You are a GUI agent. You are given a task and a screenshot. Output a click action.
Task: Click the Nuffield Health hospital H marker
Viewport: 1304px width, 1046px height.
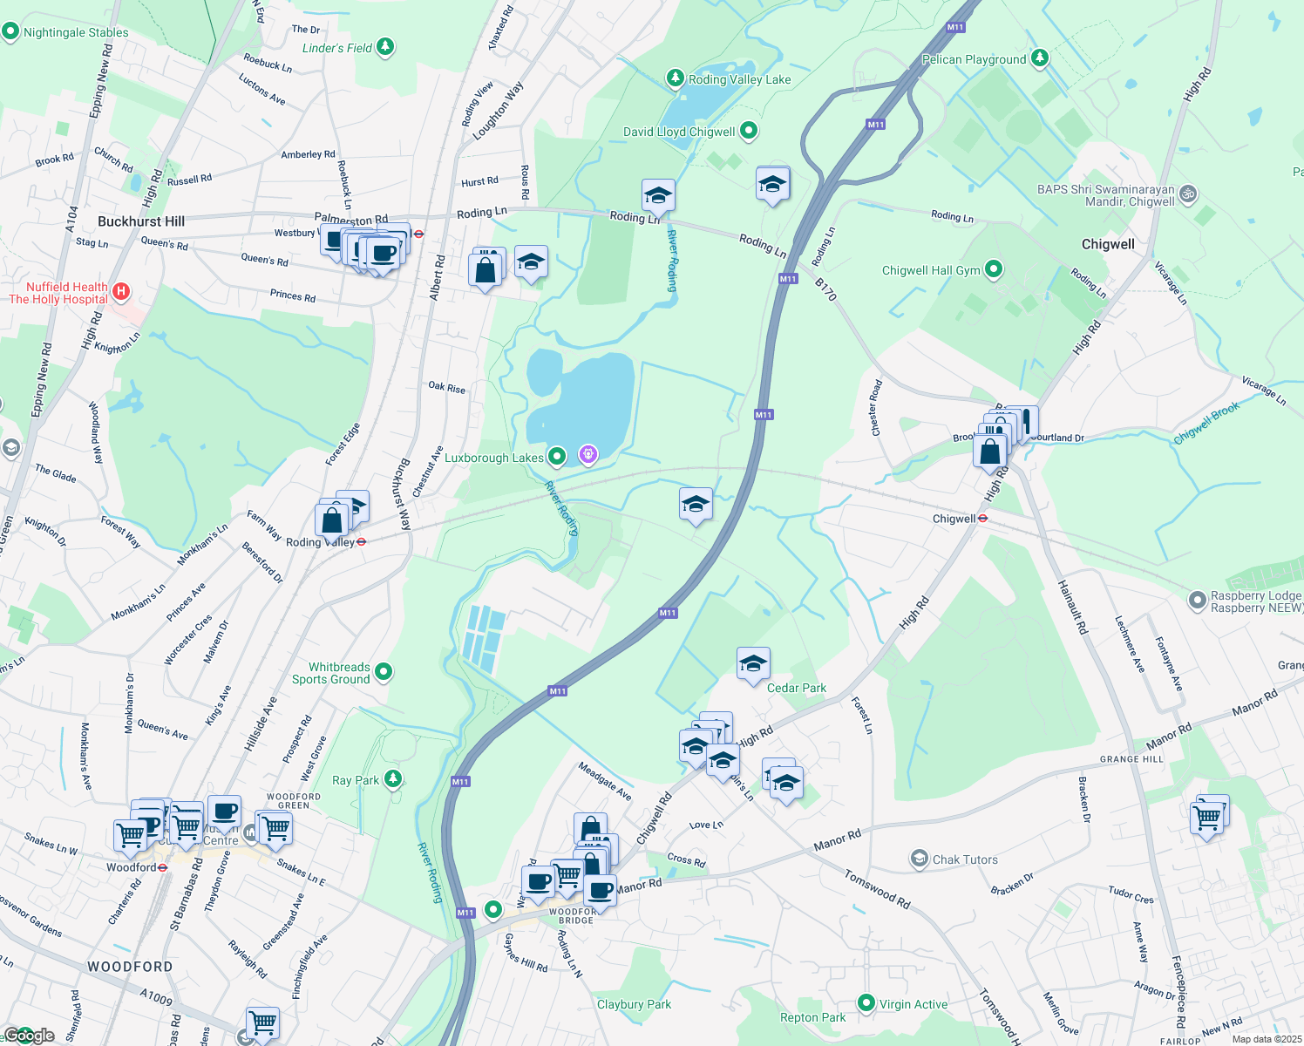coord(121,291)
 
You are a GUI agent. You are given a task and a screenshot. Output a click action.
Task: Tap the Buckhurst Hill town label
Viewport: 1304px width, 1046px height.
coord(141,221)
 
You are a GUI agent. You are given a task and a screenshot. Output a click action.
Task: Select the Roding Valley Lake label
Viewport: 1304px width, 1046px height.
coord(739,79)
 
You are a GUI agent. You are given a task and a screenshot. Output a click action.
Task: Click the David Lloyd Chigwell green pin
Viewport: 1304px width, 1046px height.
coord(748,132)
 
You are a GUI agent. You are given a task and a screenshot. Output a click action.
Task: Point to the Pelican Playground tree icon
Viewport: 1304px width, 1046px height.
coord(1039,58)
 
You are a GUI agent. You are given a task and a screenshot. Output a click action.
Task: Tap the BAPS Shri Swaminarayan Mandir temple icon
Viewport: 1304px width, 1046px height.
coord(1188,194)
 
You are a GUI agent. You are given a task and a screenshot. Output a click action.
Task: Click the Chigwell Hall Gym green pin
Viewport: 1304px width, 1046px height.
coord(993,269)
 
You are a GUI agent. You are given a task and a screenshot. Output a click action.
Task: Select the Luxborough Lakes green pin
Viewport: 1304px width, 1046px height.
coord(556,457)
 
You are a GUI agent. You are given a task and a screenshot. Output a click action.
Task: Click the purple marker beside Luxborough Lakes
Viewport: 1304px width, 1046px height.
coord(588,454)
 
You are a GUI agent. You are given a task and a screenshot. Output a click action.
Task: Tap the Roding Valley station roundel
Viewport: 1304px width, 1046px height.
coord(361,542)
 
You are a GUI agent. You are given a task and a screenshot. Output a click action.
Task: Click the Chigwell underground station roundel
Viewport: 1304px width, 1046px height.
coord(982,519)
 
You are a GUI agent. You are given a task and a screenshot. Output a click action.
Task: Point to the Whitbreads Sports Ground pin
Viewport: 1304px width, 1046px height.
coord(383,672)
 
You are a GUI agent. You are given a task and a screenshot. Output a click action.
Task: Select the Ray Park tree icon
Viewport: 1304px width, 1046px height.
coord(393,778)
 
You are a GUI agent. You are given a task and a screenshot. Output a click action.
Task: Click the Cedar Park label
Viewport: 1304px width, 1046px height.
coord(796,688)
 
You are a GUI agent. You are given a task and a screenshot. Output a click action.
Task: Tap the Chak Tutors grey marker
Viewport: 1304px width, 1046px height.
coord(919,859)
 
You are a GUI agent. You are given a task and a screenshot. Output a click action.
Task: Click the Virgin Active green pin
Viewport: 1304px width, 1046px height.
coord(866,1003)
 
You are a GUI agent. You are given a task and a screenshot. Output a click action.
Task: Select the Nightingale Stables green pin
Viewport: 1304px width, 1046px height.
coord(10,32)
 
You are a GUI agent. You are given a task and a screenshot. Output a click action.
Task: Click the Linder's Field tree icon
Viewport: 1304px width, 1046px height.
coord(385,47)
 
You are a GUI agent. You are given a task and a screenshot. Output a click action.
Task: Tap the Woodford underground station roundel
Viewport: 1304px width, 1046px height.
coord(162,868)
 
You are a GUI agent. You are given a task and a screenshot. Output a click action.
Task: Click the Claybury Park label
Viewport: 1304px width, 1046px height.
coord(634,1004)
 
